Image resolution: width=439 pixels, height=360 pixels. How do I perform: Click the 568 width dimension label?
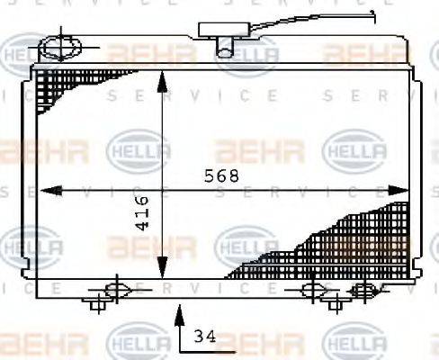pyautogui.click(x=222, y=176)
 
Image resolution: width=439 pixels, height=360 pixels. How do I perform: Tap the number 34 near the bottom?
pyautogui.click(x=204, y=337)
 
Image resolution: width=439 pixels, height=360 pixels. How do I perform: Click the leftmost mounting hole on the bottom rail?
pyautogui.click(x=114, y=289)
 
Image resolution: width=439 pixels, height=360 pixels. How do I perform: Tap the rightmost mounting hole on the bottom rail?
pyautogui.click(x=363, y=289)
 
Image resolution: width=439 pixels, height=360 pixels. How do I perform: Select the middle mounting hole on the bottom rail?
pyautogui.click(x=312, y=289)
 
